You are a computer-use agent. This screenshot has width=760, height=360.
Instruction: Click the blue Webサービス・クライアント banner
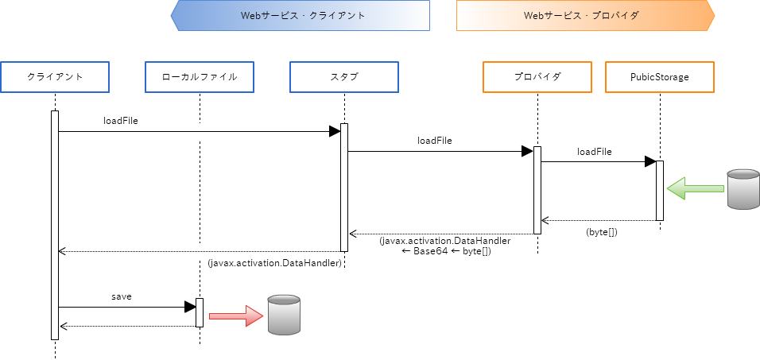click(301, 15)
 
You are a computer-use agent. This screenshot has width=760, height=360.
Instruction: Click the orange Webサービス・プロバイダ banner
click(585, 15)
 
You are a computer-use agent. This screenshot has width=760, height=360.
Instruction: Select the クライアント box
click(55, 77)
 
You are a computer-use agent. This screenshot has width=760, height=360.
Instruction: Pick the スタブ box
click(343, 77)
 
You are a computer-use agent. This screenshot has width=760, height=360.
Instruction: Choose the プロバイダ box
click(537, 77)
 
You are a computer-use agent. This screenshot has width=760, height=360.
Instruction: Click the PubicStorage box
click(659, 77)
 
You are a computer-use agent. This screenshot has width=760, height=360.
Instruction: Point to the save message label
click(121, 296)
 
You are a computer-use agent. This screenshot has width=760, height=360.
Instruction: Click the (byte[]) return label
click(602, 232)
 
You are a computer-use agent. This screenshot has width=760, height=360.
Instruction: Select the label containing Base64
click(445, 246)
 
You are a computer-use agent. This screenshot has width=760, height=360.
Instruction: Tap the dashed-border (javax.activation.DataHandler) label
click(274, 263)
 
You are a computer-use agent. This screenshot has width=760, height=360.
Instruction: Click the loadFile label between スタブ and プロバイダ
click(435, 141)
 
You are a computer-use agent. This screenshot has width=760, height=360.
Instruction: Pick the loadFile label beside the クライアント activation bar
click(121, 121)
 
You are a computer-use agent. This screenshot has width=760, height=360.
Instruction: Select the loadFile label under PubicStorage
click(595, 152)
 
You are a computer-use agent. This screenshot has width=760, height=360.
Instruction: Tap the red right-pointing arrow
click(235, 315)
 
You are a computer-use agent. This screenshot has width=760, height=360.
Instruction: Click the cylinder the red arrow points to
click(284, 314)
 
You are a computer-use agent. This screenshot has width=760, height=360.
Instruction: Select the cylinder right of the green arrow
click(742, 189)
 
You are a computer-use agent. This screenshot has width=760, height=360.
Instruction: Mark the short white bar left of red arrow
click(200, 312)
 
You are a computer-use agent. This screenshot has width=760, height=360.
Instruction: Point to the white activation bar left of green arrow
click(660, 191)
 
